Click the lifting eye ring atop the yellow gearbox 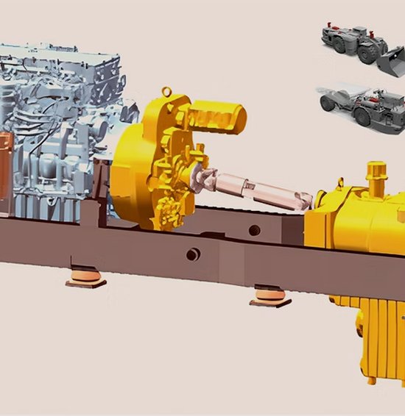(x=169, y=92)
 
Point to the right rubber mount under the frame (x=267, y=296)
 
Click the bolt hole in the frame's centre (x=193, y=254)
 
